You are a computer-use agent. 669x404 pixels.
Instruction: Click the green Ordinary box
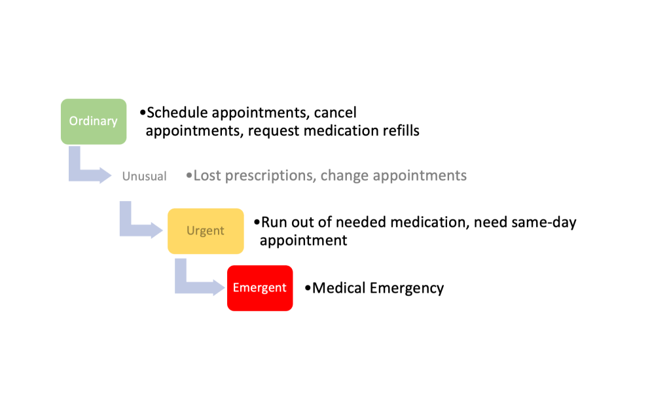(93, 121)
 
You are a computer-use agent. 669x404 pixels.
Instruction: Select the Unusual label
(144, 176)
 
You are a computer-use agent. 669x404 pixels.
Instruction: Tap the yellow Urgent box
(205, 230)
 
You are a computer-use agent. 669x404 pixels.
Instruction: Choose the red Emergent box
(259, 287)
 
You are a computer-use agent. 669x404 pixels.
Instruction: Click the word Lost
(207, 175)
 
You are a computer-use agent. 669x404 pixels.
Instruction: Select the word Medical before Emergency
(339, 288)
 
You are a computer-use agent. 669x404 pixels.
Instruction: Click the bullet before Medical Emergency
(308, 288)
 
